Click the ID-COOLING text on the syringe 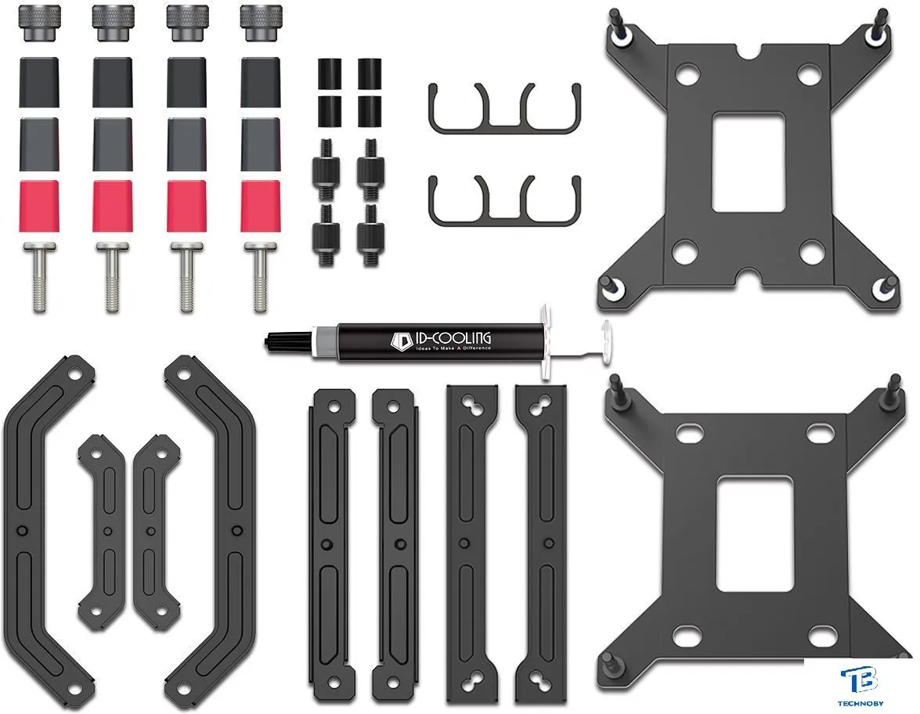pyautogui.click(x=449, y=338)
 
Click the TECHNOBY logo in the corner pyautogui.click(x=862, y=687)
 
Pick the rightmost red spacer pyautogui.click(x=260, y=206)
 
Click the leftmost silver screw pyautogui.click(x=39, y=277)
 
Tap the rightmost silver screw pyautogui.click(x=260, y=277)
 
